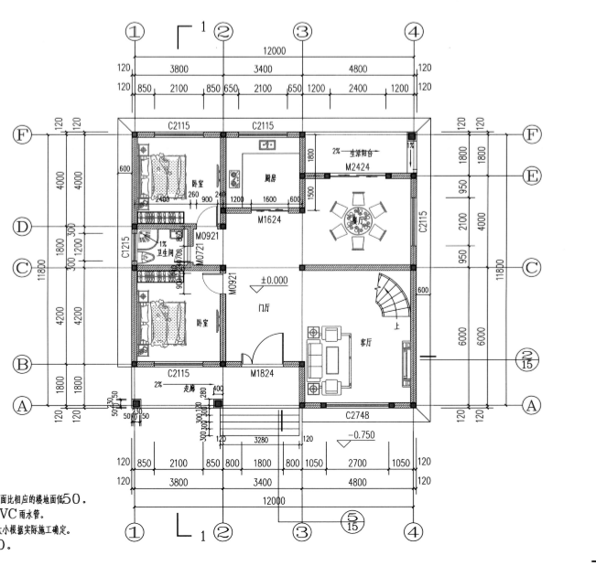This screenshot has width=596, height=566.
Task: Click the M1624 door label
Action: [268, 220]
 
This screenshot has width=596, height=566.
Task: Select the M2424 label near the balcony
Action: [356, 166]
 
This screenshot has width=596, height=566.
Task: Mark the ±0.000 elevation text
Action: [275, 281]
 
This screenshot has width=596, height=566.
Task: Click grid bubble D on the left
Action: [18, 226]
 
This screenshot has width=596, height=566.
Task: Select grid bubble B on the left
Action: [18, 364]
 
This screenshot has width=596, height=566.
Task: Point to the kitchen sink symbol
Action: [269, 145]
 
